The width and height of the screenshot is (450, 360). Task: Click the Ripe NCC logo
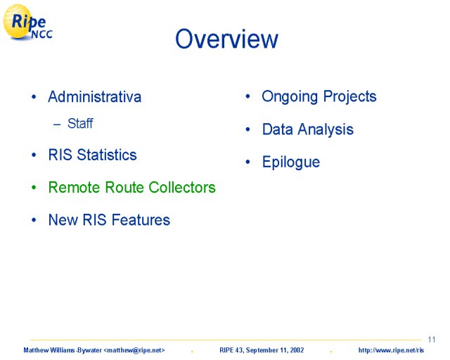tap(27, 22)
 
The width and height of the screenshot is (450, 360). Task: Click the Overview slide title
tap(226, 39)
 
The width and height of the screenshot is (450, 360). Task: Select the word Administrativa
tap(95, 96)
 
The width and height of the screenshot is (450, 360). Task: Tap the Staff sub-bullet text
tap(80, 124)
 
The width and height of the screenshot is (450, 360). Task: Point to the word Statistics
tap(107, 155)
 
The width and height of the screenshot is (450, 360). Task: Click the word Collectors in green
tap(182, 187)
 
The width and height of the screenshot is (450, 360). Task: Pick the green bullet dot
tap(34, 188)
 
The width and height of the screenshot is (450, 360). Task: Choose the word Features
tap(141, 220)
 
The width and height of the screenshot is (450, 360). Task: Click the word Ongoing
tap(290, 97)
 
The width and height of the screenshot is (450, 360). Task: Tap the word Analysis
tap(326, 129)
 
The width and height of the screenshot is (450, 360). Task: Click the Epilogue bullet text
tap(291, 162)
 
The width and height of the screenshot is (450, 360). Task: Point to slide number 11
tap(432, 340)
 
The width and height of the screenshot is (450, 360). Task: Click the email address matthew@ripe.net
tap(134, 350)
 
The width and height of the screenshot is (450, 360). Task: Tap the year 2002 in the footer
tap(297, 350)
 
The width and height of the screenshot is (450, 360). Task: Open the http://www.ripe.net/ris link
tap(391, 350)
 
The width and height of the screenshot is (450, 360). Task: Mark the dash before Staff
tap(57, 124)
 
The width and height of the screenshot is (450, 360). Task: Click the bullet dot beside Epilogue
tap(248, 162)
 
